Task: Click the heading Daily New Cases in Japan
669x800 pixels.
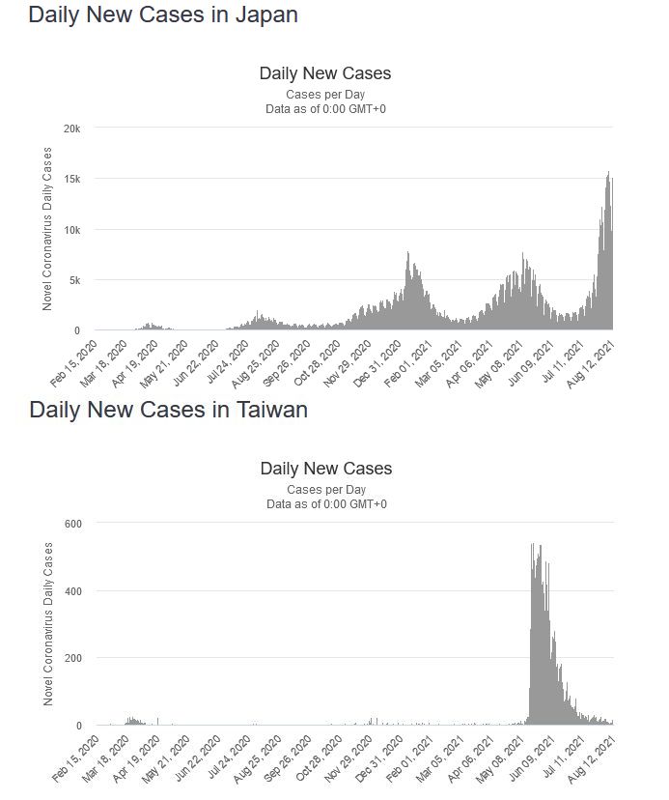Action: tap(162, 15)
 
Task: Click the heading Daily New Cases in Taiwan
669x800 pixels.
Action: tap(168, 410)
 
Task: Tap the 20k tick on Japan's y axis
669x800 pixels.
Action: tap(72, 129)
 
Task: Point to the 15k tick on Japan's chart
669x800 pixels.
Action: tap(72, 179)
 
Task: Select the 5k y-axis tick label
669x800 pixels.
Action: tap(75, 280)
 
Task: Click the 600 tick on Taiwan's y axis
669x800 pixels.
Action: tap(73, 524)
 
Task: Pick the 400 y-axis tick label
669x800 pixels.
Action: tap(73, 591)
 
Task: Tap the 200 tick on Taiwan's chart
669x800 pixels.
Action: tap(73, 658)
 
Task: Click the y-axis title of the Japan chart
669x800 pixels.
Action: tap(47, 229)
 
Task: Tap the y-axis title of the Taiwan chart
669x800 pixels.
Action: tap(48, 623)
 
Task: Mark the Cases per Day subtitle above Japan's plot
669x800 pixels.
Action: tap(325, 95)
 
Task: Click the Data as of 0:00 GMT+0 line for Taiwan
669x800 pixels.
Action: tap(326, 504)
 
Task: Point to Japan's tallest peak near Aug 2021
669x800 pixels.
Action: tap(608, 174)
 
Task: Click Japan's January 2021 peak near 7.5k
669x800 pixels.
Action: tap(408, 254)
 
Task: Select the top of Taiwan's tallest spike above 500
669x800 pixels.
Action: tap(533, 546)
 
